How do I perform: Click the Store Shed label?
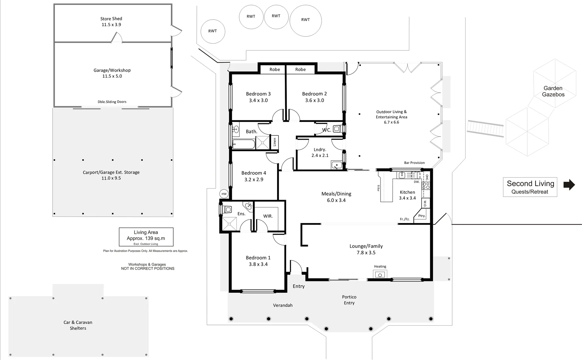(x=111, y=19)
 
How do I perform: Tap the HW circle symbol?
(x=224, y=194)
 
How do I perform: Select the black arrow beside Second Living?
(x=569, y=185)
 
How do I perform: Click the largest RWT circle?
(x=306, y=20)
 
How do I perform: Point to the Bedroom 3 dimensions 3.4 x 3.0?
(x=258, y=100)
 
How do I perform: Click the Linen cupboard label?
(x=275, y=142)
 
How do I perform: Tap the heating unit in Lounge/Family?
(x=380, y=275)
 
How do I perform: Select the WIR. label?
(x=268, y=216)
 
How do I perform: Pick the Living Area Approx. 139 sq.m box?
(x=146, y=237)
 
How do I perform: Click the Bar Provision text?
(x=414, y=163)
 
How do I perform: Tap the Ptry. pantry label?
(x=422, y=216)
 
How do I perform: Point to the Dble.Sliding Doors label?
(x=112, y=102)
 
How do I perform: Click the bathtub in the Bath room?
(x=243, y=144)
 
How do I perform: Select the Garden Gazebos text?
(x=553, y=91)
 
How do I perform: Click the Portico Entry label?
(x=349, y=300)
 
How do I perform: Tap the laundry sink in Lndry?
(x=336, y=165)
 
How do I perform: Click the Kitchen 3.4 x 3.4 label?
(x=407, y=195)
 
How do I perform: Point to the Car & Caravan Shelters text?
(x=78, y=325)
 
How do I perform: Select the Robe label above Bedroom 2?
(x=300, y=69)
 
